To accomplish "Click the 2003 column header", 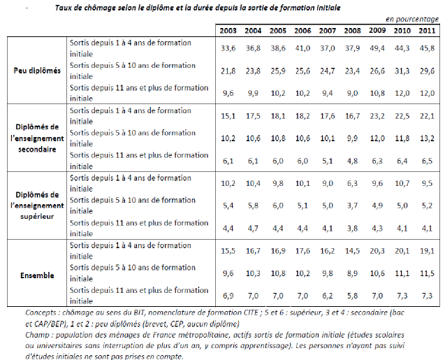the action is pos(228,31).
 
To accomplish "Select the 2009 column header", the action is pos(377,30).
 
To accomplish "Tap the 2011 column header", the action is pos(427,31).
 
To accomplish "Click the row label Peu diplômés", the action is pos(37,71).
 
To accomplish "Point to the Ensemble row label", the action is pos(37,275).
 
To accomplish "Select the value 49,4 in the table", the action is pos(377,48).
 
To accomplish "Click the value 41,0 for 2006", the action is pos(302,48).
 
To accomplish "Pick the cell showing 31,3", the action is pos(402,71).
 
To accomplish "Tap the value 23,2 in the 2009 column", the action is pos(377,116).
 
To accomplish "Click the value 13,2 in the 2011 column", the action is pos(427,138).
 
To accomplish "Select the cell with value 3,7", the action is pos(352,206).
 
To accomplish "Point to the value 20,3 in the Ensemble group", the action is pos(377,251).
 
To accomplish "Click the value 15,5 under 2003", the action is pos(228,251).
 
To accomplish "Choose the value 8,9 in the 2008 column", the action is pos(352,273).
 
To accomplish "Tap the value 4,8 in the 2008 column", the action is pos(352,161).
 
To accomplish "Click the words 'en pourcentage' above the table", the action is pos(412,20).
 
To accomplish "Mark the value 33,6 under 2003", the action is pos(228,48).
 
